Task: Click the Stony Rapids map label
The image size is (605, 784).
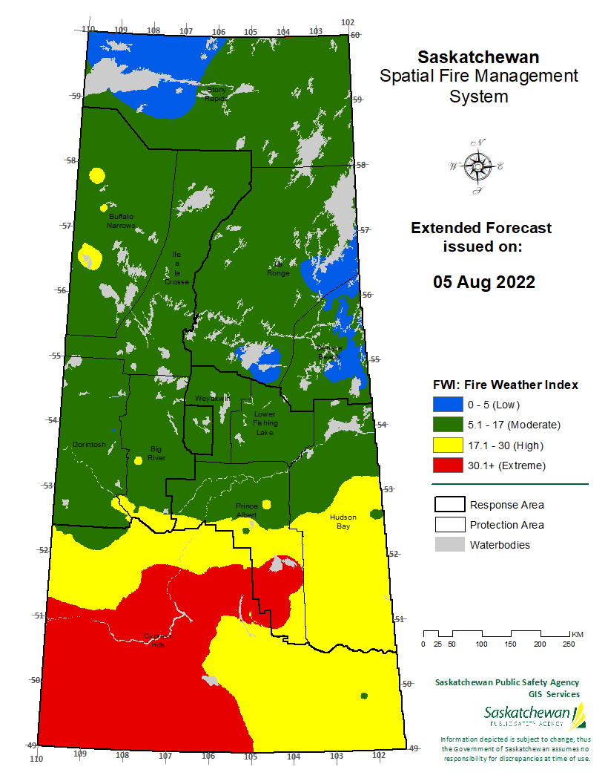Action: pos(216,94)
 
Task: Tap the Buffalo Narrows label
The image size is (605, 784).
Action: pos(121,220)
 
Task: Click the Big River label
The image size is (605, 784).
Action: pos(156,453)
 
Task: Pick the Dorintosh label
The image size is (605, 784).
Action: pos(89,445)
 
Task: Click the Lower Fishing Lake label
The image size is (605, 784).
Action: pos(265,423)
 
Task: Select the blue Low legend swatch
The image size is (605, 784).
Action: pos(446,405)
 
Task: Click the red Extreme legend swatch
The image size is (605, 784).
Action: pos(446,465)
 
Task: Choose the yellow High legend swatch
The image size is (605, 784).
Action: pos(446,445)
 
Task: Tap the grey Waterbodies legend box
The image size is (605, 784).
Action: pos(448,545)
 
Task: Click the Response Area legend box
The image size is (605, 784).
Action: pos(448,505)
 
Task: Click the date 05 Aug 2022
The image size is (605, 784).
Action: pos(484,283)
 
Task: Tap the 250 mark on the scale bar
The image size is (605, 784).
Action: pos(568,644)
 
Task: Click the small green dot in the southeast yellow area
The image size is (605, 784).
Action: pos(364,696)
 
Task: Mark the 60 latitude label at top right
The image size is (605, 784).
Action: pos(354,35)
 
